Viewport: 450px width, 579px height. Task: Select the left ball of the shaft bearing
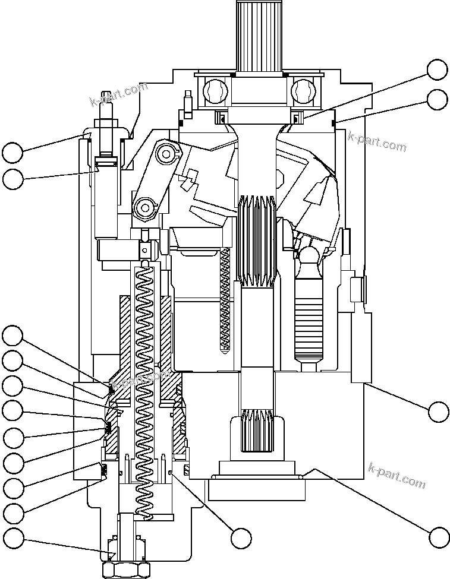214,91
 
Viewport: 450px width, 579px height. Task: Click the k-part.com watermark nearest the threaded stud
118,95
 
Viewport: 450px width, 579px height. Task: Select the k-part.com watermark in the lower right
397,475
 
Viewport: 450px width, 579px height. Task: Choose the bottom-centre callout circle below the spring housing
241,538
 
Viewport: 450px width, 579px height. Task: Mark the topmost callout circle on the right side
438,69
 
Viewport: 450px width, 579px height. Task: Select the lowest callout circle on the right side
438,537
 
